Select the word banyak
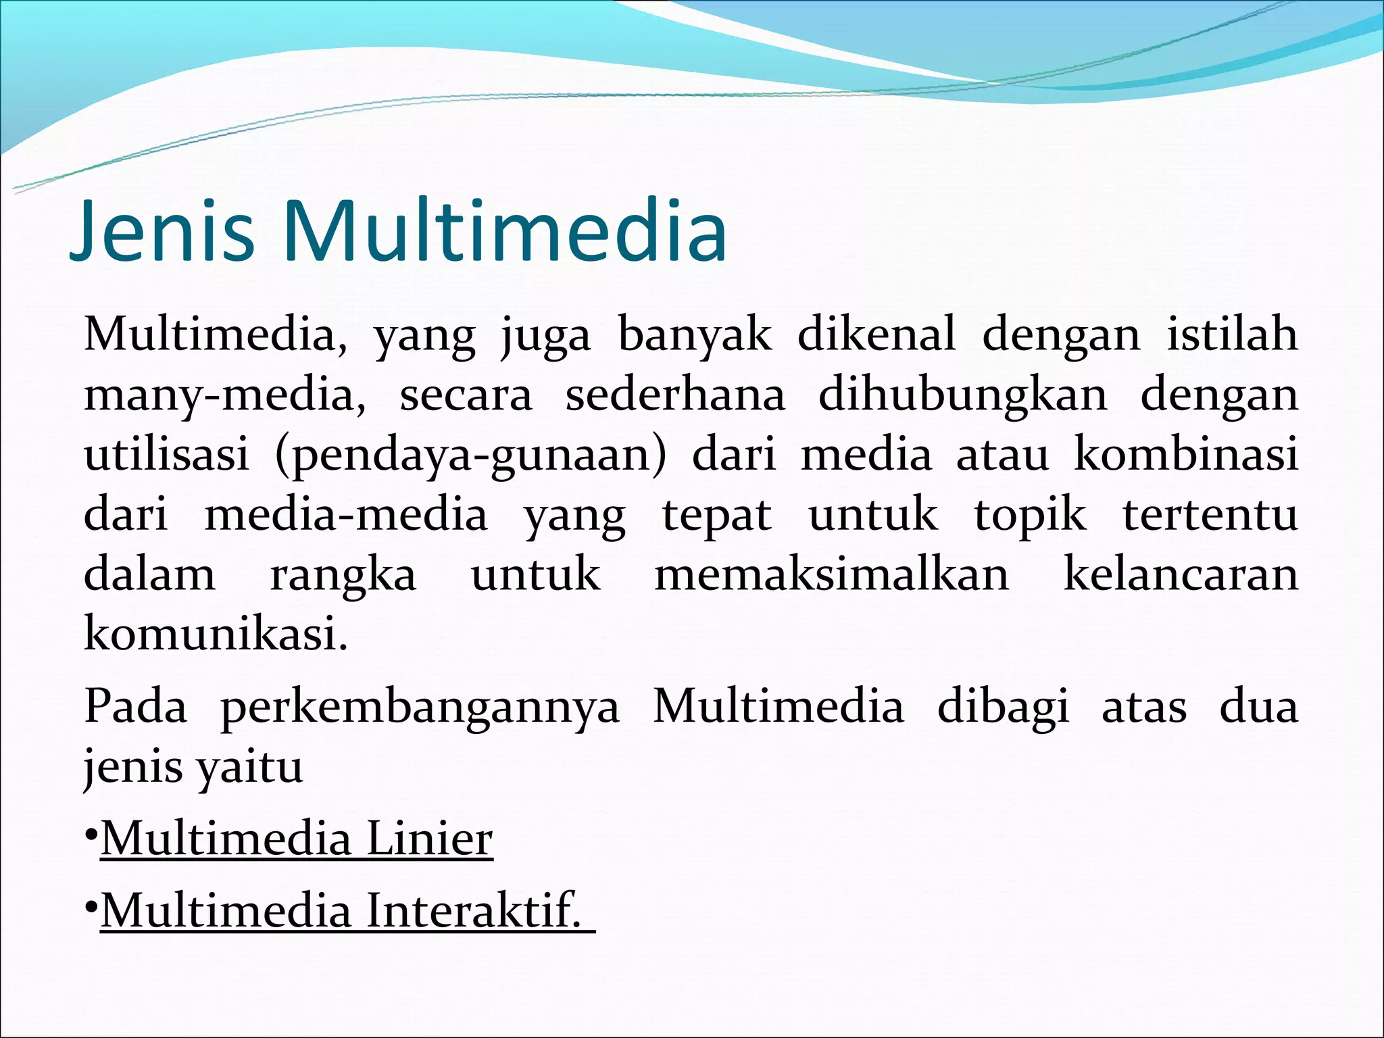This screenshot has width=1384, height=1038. (695, 335)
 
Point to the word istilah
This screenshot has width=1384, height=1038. (1232, 334)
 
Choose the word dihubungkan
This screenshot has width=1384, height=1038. (963, 395)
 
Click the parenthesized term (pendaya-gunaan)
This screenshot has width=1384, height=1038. (470, 455)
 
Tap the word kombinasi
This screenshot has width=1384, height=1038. (1186, 454)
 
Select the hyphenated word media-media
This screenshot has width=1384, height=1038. (345, 515)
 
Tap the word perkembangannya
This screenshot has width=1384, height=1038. (420, 708)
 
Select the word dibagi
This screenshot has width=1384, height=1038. (1003, 708)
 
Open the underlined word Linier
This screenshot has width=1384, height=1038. (430, 839)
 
